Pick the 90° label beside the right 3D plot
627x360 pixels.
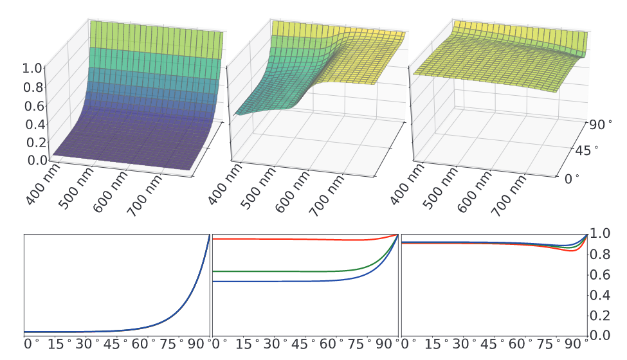601,124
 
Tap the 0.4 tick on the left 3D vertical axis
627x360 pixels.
36,124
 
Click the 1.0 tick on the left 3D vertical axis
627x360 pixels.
36,68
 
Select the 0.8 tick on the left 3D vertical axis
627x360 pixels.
36,87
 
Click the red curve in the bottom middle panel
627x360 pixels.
289,239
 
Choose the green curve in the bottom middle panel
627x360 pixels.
289,271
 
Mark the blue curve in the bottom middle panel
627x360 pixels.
289,282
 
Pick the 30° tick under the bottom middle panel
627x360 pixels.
273,345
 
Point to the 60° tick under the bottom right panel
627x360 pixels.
518,345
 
